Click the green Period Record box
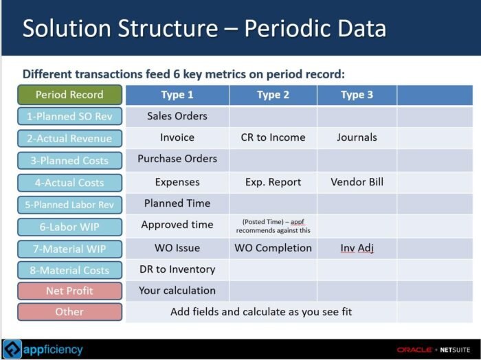(69, 95)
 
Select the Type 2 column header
(273, 95)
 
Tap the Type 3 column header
(357, 95)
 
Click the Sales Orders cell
(177, 116)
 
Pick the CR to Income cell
(273, 137)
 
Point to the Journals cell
(357, 137)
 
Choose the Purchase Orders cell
(177, 159)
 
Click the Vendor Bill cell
(357, 182)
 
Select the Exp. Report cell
(273, 182)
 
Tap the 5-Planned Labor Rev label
(69, 205)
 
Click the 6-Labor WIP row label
(69, 227)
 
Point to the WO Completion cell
(273, 248)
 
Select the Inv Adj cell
(357, 248)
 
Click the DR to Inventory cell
(177, 269)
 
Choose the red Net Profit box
(69, 291)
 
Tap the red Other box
(69, 312)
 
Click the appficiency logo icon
(12, 349)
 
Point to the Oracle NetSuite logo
(434, 350)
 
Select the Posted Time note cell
(273, 226)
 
